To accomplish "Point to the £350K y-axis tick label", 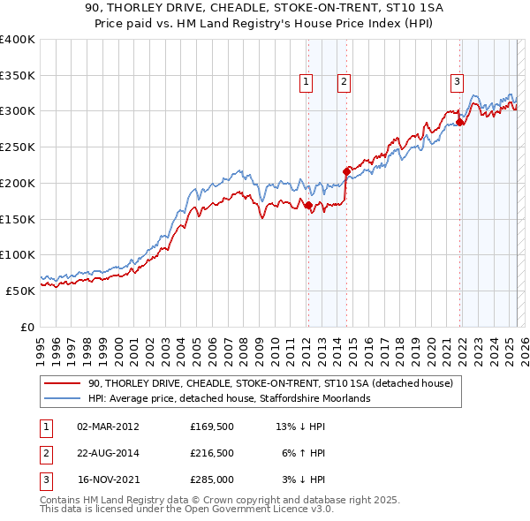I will coord(18,76).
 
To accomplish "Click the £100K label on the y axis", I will coord(18,254).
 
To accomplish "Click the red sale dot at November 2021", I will coord(460,123).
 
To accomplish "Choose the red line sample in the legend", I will coord(62,383).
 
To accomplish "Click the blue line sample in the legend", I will coord(62,398).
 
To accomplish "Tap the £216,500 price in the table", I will coord(212,453).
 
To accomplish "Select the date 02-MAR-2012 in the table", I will coord(109,427).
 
